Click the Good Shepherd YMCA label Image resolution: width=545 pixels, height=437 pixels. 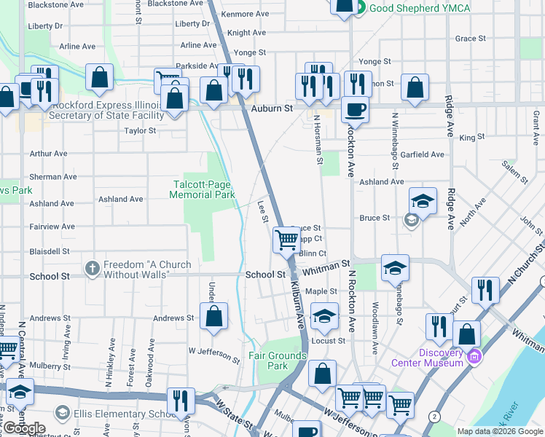419,8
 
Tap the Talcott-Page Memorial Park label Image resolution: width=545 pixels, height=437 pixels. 202,189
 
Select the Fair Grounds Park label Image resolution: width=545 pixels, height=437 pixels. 278,361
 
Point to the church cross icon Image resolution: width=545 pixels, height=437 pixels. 92,268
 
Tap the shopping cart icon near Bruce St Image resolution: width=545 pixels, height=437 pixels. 286,239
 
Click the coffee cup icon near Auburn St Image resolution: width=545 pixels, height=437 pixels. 355,109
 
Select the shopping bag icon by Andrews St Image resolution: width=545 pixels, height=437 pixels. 213,317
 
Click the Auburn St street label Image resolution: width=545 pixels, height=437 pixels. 272,108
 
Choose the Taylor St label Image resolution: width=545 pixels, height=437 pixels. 140,131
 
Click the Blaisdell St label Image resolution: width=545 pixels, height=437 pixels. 50,251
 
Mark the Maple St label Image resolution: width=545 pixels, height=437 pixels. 321,291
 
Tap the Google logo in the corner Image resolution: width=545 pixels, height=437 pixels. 24,428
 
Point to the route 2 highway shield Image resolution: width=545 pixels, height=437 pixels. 435,415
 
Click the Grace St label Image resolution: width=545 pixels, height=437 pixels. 470,38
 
